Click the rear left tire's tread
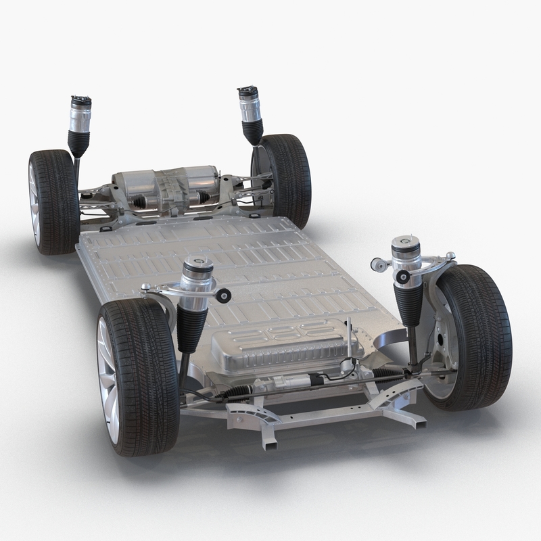coord(57,203)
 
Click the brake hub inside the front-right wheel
coord(443,338)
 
